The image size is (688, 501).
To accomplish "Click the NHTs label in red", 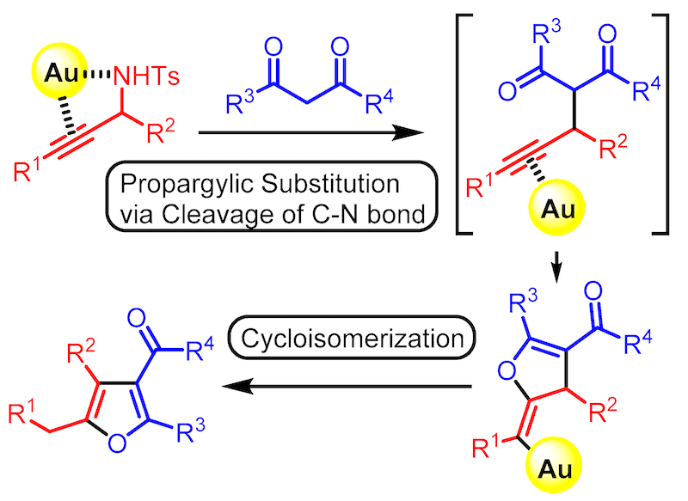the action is point(146,76).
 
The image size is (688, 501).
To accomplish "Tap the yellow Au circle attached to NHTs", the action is point(59,70).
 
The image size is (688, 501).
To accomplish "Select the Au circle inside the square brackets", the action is point(556,207).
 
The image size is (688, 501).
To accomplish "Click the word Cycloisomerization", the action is point(353,339).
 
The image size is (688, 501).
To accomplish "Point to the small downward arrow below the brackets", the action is point(556,267).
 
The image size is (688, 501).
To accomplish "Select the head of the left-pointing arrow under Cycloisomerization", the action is point(238,386).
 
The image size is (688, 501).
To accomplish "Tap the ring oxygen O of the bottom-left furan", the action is point(117,443).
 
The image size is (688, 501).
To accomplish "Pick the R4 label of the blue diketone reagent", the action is point(379,102).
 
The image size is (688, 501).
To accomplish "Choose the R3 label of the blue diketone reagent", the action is point(240,102).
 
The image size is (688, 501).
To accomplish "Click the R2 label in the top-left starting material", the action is point(161,131).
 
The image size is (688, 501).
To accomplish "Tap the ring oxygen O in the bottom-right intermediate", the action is point(507,371).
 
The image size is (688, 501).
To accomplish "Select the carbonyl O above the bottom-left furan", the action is point(137,318).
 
